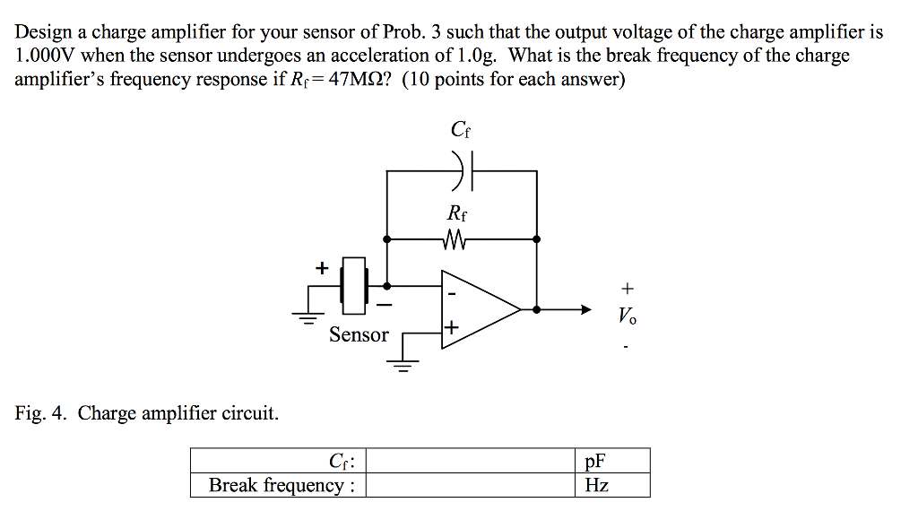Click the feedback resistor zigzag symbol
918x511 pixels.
click(456, 239)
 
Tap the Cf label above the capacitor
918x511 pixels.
click(461, 131)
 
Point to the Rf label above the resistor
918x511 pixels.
click(456, 215)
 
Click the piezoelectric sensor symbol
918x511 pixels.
click(356, 286)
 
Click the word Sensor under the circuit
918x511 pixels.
click(359, 334)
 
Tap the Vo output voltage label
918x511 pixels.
click(628, 316)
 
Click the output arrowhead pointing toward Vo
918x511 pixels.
click(585, 309)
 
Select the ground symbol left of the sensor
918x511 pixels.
click(308, 315)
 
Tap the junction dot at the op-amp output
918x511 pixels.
click(536, 309)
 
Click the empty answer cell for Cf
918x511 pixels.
click(472, 462)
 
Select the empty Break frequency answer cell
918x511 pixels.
click(472, 485)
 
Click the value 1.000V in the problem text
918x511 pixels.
click(46, 56)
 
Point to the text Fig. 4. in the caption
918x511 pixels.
click(41, 413)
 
